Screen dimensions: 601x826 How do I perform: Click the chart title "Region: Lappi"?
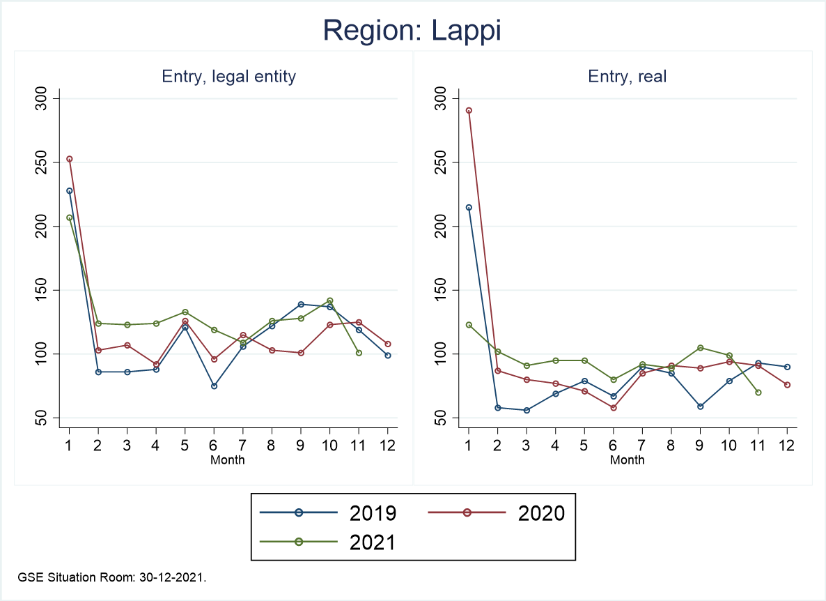(x=412, y=31)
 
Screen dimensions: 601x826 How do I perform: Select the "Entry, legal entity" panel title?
(x=229, y=77)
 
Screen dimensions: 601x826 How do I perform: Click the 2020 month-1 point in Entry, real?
(x=469, y=110)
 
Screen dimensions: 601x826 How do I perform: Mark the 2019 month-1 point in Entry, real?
(x=469, y=207)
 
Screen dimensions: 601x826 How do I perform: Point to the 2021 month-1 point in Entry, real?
(x=469, y=325)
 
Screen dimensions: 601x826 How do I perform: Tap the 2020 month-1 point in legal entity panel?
(x=70, y=159)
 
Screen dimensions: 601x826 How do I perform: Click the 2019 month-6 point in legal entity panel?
(x=215, y=386)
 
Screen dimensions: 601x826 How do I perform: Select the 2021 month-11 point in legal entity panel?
(x=359, y=353)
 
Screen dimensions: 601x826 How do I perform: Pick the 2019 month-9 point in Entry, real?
(x=700, y=406)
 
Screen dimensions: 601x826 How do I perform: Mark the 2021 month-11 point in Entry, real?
(x=758, y=393)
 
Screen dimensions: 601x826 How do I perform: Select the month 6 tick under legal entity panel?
(x=215, y=446)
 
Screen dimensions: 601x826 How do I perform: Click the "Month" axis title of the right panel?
(x=628, y=459)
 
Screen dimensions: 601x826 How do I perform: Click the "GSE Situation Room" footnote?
(x=112, y=578)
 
